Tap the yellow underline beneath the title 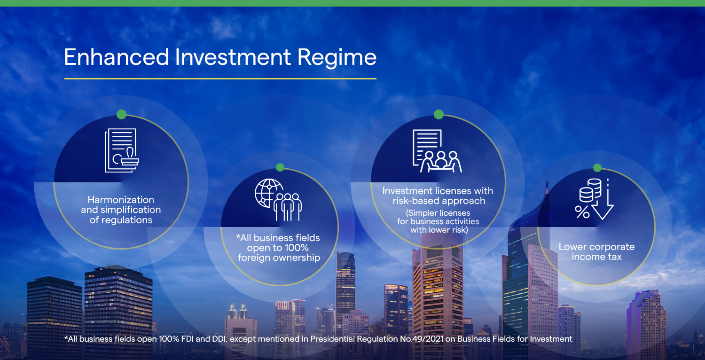click(x=220, y=78)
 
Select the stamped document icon click(x=121, y=150)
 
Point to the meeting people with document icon click(x=437, y=151)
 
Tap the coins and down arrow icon click(x=595, y=199)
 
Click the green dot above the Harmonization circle click(x=121, y=114)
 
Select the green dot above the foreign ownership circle click(x=280, y=167)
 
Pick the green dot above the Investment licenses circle click(x=439, y=114)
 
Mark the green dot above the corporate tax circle click(x=597, y=168)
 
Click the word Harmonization click(x=121, y=200)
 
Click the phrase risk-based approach click(x=439, y=201)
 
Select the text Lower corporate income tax click(x=597, y=252)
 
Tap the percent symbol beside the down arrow click(x=582, y=212)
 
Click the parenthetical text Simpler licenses click(x=438, y=213)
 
